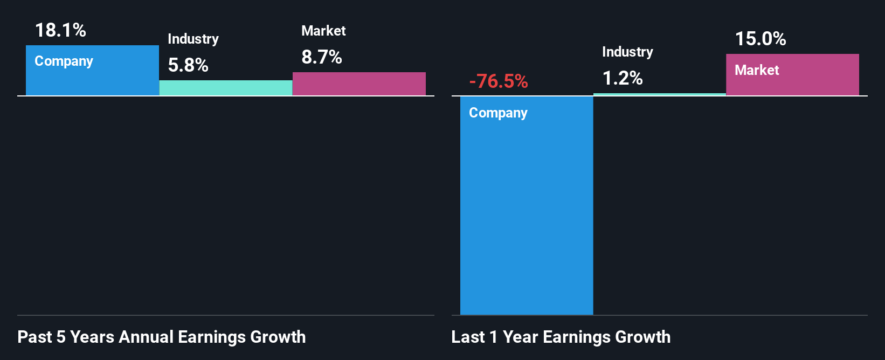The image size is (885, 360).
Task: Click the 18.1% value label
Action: (x=60, y=30)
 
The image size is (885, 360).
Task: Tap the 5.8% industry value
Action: (x=188, y=65)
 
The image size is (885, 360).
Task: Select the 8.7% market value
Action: (x=322, y=57)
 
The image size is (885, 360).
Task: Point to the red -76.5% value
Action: (x=499, y=81)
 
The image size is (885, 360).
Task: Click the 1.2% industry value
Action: (x=623, y=79)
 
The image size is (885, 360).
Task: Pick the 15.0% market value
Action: (x=760, y=39)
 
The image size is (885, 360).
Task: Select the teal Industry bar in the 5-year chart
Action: (x=226, y=88)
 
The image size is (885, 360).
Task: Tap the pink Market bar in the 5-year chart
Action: (x=359, y=84)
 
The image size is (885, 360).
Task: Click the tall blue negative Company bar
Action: (x=527, y=216)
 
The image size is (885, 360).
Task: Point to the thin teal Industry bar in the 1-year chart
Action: (x=660, y=95)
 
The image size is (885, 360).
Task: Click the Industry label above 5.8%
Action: (x=193, y=39)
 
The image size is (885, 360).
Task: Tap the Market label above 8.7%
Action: (x=323, y=31)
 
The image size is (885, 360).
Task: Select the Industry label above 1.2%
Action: (x=627, y=52)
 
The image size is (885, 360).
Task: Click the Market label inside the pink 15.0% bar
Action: (x=757, y=70)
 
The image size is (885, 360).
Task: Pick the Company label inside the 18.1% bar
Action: (x=64, y=61)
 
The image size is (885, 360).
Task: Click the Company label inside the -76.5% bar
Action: (x=498, y=113)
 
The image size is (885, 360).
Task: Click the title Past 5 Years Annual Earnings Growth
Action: (x=162, y=337)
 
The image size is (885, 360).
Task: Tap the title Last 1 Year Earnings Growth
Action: (x=561, y=337)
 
